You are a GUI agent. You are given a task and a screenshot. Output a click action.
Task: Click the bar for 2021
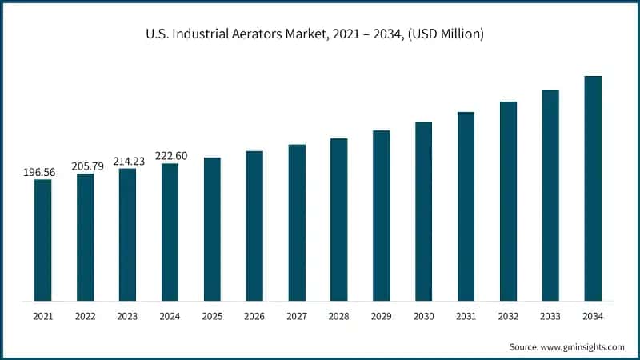(43, 240)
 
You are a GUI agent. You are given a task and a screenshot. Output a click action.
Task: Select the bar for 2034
(593, 189)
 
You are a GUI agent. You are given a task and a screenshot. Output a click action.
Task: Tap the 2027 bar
(297, 223)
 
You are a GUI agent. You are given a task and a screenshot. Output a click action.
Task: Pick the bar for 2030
(424, 211)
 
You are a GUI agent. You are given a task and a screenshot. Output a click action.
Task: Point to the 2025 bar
(212, 230)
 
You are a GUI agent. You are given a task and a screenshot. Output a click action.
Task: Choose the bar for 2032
(508, 202)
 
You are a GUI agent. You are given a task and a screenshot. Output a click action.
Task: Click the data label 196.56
(39, 172)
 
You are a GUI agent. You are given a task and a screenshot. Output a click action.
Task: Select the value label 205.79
(87, 166)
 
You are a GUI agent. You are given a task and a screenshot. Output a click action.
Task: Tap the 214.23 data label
(129, 162)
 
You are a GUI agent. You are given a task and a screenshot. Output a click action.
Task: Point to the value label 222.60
(171, 155)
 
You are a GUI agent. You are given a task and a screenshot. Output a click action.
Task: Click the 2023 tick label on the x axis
(127, 316)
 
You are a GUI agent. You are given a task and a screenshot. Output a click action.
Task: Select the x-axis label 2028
(338, 316)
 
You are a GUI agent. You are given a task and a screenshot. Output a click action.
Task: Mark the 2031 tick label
(466, 316)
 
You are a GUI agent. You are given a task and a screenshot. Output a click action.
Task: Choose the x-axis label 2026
(254, 316)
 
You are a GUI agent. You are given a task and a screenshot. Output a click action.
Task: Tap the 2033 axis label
(550, 316)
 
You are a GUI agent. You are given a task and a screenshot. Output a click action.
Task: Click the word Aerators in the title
(257, 34)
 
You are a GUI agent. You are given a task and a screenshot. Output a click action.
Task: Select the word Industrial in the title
(200, 34)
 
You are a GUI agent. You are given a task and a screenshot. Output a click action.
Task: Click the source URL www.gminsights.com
(582, 347)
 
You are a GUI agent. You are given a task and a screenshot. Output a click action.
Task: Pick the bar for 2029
(382, 216)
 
